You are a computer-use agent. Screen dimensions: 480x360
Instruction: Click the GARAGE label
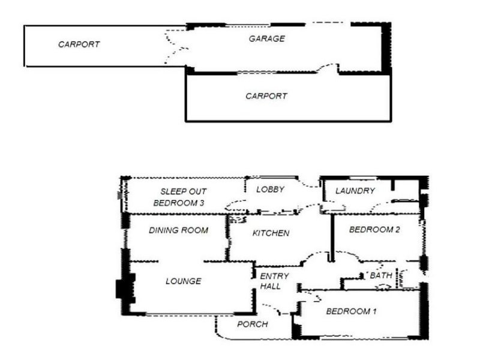tap(266, 38)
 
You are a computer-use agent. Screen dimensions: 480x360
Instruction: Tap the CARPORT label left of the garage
tap(79, 44)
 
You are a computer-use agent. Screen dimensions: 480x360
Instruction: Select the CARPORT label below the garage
tap(266, 96)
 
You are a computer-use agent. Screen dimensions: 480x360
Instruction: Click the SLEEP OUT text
tap(184, 191)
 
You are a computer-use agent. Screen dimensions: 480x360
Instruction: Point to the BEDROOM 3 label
tap(179, 203)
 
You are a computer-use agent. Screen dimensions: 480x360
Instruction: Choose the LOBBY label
tap(271, 190)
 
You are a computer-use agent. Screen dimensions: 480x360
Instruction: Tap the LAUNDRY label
tap(355, 191)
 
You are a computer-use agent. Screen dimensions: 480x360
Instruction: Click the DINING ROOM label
tap(178, 230)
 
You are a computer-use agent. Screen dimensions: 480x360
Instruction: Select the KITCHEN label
tap(271, 233)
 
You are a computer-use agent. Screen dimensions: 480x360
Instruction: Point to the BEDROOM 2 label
tap(374, 230)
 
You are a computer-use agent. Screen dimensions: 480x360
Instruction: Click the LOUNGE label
tap(184, 281)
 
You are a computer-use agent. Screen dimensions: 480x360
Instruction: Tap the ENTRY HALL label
tap(274, 281)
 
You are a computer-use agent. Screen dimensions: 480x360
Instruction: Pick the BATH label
tap(381, 275)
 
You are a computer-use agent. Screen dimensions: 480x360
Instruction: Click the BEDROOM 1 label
tap(351, 311)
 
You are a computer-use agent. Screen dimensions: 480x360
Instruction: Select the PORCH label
tap(253, 324)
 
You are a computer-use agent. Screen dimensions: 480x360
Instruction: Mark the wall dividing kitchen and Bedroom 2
tap(332, 238)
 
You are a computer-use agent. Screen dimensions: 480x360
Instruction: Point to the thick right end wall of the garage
tap(386, 47)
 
